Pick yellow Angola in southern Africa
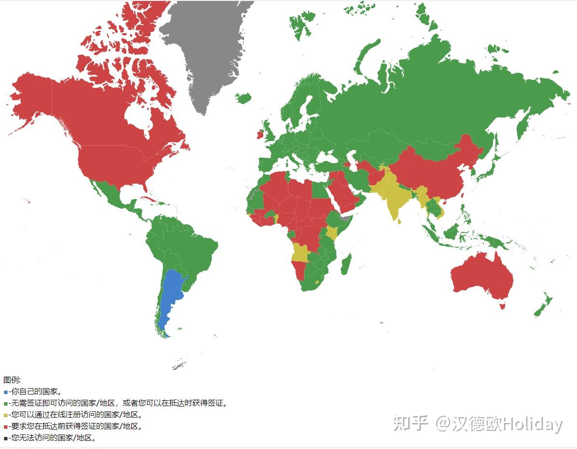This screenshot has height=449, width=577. [301, 253]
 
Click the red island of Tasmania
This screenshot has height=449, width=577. [503, 305]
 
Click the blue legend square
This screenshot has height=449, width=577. [5, 392]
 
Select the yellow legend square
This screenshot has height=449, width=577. [5, 415]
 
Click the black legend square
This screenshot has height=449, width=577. [5, 438]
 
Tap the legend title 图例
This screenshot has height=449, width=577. [12, 380]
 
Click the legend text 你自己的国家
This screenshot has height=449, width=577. [36, 392]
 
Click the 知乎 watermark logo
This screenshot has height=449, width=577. [411, 423]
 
